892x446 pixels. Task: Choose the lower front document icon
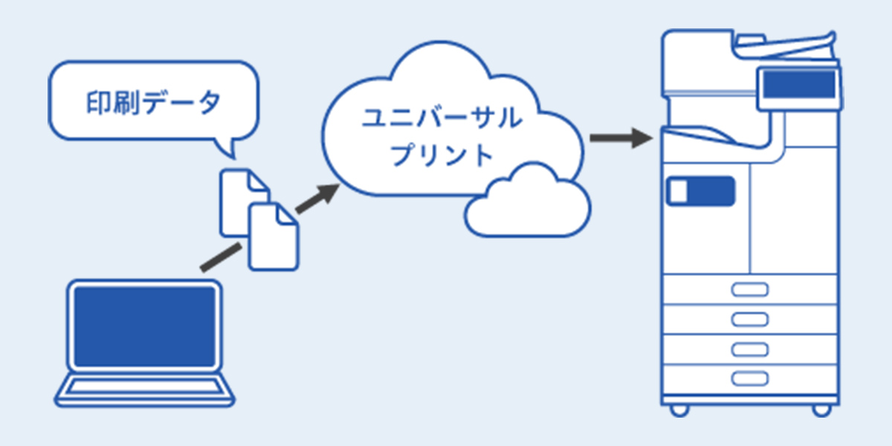point(273,238)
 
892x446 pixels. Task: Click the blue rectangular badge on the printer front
point(701,192)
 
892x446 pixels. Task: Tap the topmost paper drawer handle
point(749,290)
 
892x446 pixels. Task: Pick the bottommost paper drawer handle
point(749,378)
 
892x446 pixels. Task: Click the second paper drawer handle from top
point(749,319)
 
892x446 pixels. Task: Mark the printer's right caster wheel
point(821,410)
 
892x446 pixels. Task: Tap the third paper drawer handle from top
point(749,349)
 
